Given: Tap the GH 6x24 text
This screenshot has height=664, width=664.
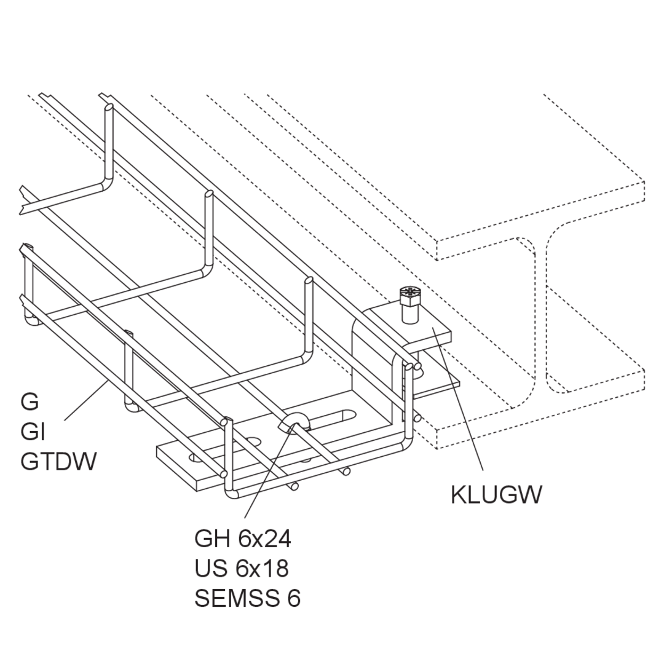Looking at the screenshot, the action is coord(243,539).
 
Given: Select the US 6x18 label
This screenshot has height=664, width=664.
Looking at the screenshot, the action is coord(242,568).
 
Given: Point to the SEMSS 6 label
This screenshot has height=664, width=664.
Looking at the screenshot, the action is coord(247,598).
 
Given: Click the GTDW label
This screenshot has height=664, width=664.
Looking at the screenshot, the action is coord(58,461).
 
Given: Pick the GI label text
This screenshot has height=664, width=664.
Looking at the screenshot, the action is coord(33,432).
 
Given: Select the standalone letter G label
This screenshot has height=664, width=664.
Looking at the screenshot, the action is coord(30,402).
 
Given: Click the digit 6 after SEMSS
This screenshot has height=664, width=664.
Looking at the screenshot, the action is coord(293,598).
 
